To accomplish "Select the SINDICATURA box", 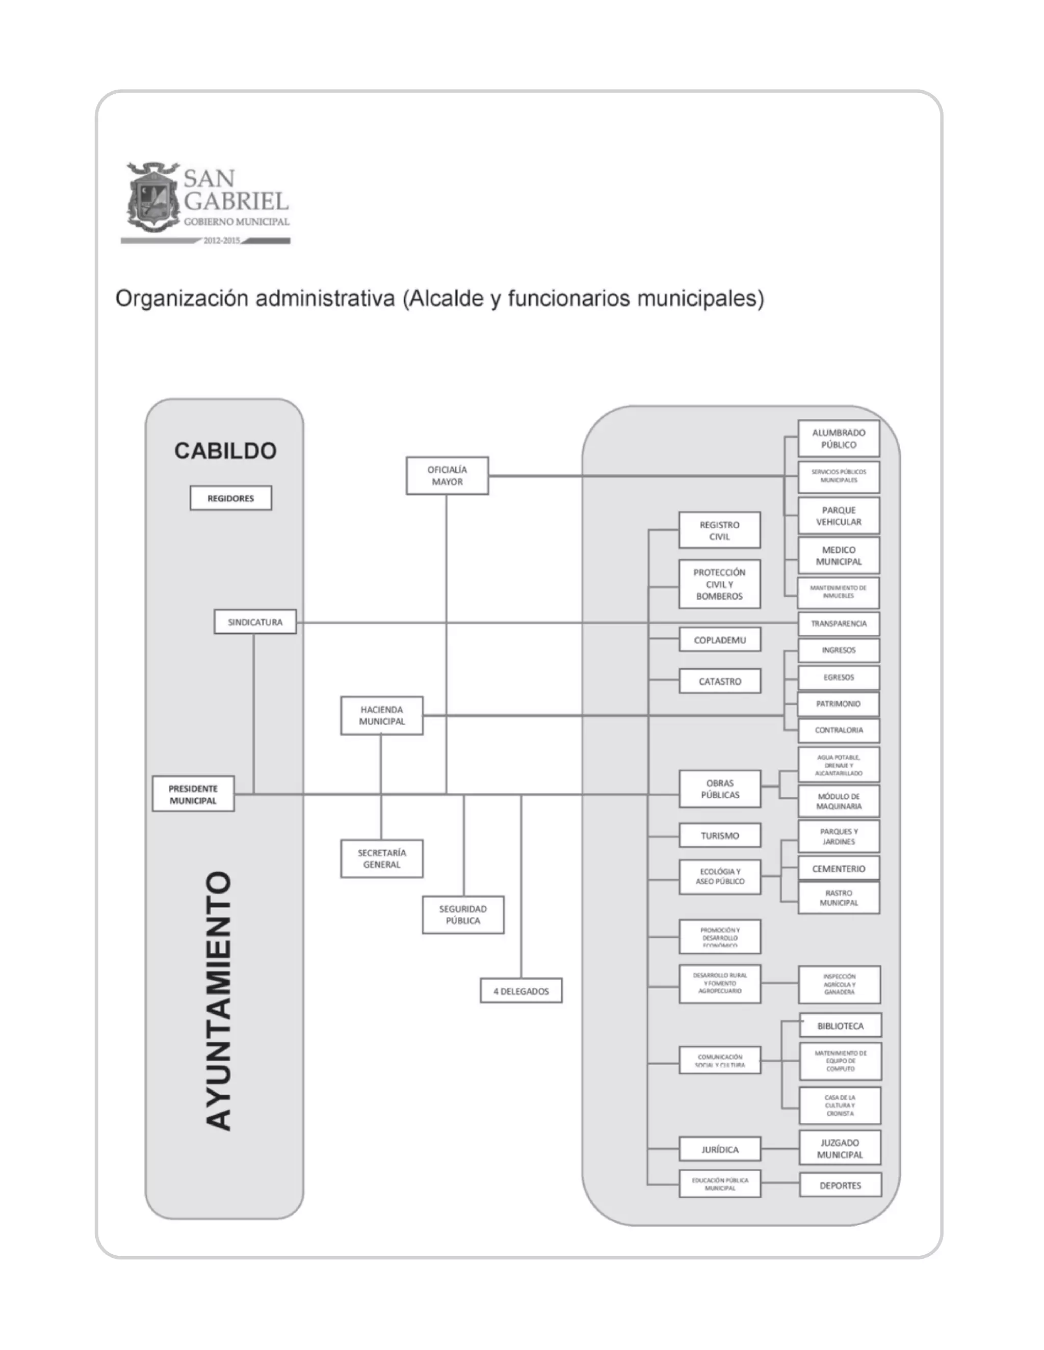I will [x=255, y=622].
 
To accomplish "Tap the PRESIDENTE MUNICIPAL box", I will [x=193, y=794].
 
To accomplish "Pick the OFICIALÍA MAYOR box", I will [x=447, y=475].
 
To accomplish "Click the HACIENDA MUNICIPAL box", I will [x=382, y=716].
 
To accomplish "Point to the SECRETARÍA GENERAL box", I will [x=382, y=858].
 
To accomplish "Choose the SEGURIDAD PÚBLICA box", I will [x=463, y=915].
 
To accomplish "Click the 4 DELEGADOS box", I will [x=521, y=991].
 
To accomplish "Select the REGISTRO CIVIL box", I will [x=719, y=530].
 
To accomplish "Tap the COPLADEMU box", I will [x=719, y=640].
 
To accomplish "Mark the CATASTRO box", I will [x=719, y=681].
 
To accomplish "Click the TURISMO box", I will [x=719, y=835].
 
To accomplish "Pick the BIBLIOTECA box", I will [x=840, y=1026].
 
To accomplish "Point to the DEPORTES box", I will [x=840, y=1185].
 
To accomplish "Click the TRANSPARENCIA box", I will [x=839, y=624].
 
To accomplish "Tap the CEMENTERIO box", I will [x=839, y=869].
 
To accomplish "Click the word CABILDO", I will [x=225, y=451].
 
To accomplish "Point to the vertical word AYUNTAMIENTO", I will [x=218, y=1002].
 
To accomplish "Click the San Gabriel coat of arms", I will [x=151, y=198].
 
